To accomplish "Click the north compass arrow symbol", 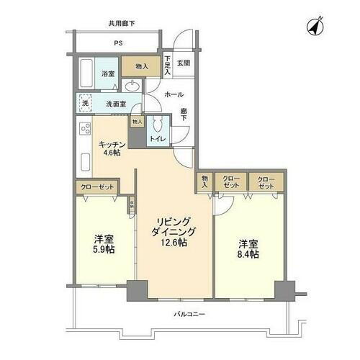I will pyautogui.click(x=315, y=26).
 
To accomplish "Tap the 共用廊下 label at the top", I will pyautogui.click(x=121, y=24).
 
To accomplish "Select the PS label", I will pyautogui.click(x=117, y=42).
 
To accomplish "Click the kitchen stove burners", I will pyautogui.click(x=84, y=132).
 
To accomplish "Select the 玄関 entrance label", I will pyautogui.click(x=184, y=63).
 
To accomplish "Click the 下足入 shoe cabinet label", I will pyautogui.click(x=167, y=66).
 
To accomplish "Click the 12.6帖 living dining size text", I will pyautogui.click(x=173, y=243).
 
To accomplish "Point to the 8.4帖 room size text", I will pyautogui.click(x=248, y=253).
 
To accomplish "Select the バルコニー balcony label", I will pyautogui.click(x=189, y=314).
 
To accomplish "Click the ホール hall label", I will pyautogui.click(x=174, y=94).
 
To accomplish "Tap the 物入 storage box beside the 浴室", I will pyautogui.click(x=141, y=67).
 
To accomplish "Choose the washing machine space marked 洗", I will pyautogui.click(x=84, y=103).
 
